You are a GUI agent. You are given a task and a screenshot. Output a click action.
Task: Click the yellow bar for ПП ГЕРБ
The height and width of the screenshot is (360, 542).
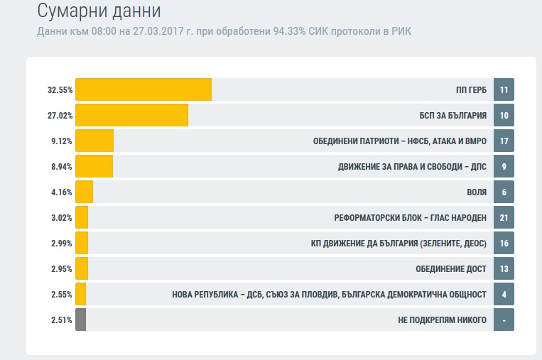pyautogui.click(x=143, y=89)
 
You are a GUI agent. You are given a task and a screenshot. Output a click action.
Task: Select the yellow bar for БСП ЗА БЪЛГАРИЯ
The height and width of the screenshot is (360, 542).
pyautogui.click(x=131, y=115)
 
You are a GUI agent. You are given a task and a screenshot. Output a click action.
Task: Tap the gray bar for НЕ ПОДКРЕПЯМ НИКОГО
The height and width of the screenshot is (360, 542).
pyautogui.click(x=80, y=320)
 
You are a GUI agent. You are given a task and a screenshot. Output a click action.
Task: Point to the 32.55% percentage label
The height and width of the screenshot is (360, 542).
pyautogui.click(x=60, y=90)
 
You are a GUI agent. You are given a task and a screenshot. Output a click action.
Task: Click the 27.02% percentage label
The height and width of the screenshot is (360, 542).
pyautogui.click(x=60, y=116)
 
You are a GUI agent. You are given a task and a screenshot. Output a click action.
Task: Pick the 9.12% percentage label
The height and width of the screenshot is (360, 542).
pyautogui.click(x=61, y=141)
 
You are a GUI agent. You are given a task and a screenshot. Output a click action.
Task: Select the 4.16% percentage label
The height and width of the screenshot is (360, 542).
pyautogui.click(x=61, y=192)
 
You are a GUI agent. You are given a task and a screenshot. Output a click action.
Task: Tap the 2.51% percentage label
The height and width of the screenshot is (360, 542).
pyautogui.click(x=61, y=320)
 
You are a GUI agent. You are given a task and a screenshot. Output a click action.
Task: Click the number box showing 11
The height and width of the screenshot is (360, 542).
pyautogui.click(x=504, y=90)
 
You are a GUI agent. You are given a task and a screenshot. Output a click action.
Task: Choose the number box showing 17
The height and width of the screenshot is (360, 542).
pyautogui.click(x=504, y=141)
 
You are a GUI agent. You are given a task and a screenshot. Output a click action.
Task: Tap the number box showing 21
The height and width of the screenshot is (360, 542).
pyautogui.click(x=504, y=218)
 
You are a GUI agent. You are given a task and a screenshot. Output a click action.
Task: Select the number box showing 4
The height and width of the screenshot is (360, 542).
pyautogui.click(x=504, y=295)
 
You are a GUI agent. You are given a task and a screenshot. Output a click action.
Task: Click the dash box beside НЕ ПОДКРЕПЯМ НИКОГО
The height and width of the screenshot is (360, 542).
pyautogui.click(x=504, y=320)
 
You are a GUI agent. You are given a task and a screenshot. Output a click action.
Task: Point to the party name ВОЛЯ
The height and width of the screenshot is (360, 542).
pyautogui.click(x=476, y=192)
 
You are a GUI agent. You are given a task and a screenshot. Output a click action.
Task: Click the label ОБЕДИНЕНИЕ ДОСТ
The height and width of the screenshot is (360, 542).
pyautogui.click(x=451, y=269)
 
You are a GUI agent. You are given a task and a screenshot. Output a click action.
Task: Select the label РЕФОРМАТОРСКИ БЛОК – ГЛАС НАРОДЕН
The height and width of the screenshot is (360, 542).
pyautogui.click(x=410, y=218)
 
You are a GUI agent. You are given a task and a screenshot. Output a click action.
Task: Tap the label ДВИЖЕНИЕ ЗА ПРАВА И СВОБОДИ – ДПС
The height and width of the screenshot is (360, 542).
pyautogui.click(x=412, y=167)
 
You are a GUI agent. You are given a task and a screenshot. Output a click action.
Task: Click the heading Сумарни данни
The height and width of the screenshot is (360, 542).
pyautogui.click(x=99, y=11)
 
